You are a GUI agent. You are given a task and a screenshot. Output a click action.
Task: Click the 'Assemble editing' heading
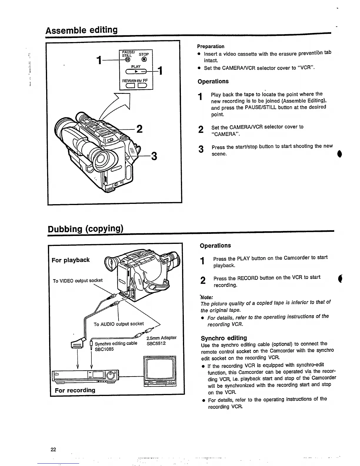81,30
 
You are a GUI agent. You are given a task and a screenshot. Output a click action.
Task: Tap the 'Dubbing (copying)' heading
85,229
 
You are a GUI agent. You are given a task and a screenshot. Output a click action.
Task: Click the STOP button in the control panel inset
144,61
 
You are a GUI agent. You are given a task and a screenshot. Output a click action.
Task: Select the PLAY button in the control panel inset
136,71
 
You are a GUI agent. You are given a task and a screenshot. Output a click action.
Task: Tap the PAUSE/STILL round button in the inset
128,61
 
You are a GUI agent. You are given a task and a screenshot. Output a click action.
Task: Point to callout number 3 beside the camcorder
154,156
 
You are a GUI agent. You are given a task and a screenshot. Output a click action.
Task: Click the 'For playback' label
71,260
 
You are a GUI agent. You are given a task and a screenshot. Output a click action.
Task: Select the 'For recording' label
75,390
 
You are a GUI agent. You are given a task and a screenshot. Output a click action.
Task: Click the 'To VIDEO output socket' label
78,281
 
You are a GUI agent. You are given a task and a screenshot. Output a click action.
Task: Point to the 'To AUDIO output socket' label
119,324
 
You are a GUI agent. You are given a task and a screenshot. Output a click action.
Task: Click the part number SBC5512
156,343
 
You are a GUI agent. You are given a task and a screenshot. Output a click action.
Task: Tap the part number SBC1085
104,349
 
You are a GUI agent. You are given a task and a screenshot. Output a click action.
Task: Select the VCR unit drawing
85,376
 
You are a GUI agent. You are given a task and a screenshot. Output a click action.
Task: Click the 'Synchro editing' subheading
224,338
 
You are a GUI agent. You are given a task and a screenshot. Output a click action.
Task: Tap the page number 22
53,449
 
